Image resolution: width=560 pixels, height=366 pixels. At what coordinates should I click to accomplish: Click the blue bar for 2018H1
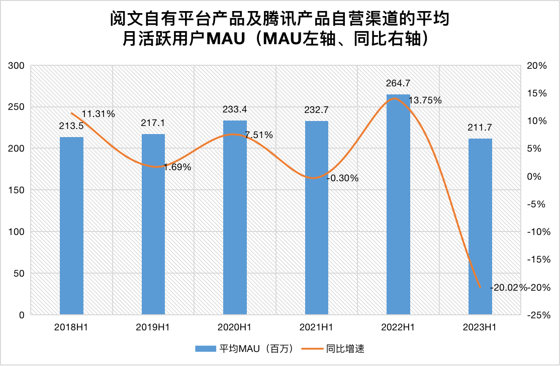(x=71, y=226)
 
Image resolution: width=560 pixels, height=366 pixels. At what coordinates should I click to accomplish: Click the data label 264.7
(x=398, y=83)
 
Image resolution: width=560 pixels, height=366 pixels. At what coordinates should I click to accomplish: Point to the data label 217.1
(x=153, y=123)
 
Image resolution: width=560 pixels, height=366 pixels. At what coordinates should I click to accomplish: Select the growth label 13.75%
(x=425, y=100)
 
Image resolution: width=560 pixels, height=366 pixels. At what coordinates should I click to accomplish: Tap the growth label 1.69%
(x=177, y=167)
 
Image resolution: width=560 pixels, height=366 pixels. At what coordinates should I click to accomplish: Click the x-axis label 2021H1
(x=317, y=327)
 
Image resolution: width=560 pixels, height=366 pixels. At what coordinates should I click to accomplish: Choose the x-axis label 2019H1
(x=153, y=327)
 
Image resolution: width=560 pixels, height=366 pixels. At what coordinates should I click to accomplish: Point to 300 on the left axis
(x=17, y=66)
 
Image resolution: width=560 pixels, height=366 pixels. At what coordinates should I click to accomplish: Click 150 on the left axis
(x=17, y=190)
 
